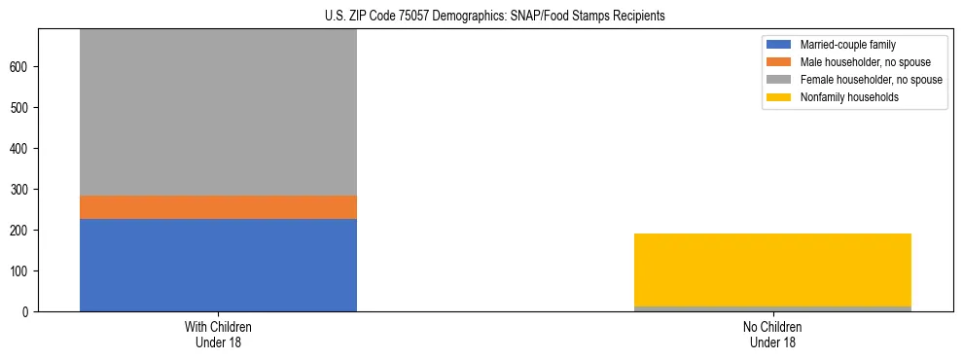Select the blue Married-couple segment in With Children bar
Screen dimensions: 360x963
(x=218, y=265)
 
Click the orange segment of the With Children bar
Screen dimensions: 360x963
(x=218, y=207)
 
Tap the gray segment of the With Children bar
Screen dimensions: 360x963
(x=218, y=112)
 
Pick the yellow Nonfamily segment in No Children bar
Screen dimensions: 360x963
(x=772, y=270)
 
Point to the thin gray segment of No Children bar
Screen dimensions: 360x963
(x=772, y=308)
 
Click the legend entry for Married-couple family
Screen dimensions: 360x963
(x=847, y=45)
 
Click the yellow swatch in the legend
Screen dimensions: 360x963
(x=780, y=97)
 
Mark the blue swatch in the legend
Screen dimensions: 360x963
(x=780, y=45)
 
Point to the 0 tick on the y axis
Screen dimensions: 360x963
(x=27, y=311)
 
